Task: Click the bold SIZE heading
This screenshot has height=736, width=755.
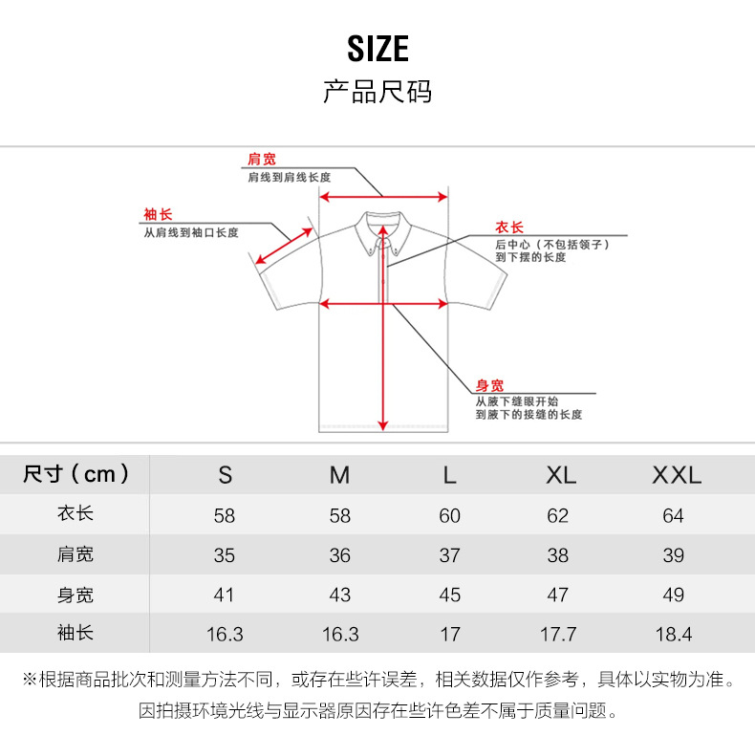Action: point(377,48)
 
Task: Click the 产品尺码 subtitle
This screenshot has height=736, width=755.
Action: point(377,92)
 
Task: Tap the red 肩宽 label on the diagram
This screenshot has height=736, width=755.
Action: point(262,159)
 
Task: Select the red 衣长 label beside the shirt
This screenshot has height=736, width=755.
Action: point(509,227)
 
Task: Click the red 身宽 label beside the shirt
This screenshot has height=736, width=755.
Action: point(489,385)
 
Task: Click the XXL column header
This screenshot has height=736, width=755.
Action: point(676,475)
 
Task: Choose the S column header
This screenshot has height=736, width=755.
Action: point(225,475)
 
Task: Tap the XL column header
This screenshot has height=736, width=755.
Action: point(561,475)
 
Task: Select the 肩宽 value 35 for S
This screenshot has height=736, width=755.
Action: point(225,555)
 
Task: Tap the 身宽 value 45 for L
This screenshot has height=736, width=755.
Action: point(449,595)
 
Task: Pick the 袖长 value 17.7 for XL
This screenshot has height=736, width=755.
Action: point(559,634)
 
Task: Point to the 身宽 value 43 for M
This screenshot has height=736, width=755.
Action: point(339,595)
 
